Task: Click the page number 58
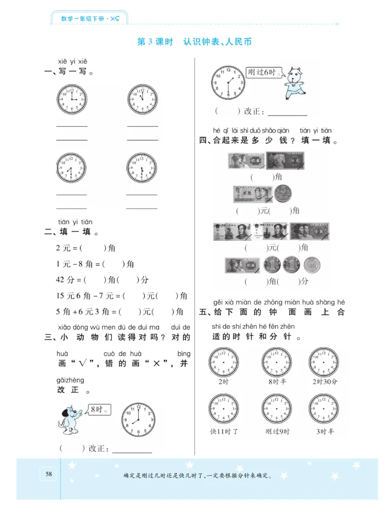pyautogui.click(x=49, y=473)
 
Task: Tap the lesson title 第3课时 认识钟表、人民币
pyautogui.click(x=195, y=42)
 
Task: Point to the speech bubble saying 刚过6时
pyautogui.click(x=265, y=72)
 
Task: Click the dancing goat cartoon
pyautogui.click(x=294, y=83)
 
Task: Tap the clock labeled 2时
pyautogui.click(x=223, y=363)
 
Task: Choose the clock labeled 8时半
pyautogui.click(x=276, y=363)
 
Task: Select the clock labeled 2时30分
pyautogui.click(x=323, y=363)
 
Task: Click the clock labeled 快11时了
pyautogui.click(x=223, y=409)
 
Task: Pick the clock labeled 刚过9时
pyautogui.click(x=276, y=409)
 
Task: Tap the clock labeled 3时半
pyautogui.click(x=323, y=409)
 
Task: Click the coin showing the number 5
pyautogui.click(x=283, y=194)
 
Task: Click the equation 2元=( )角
pyautogui.click(x=86, y=248)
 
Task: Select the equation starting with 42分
pyautogui.click(x=102, y=280)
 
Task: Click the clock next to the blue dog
pyautogui.click(x=138, y=420)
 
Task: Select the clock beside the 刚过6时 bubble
pyautogui.click(x=227, y=81)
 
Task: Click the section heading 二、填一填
pyautogui.click(x=69, y=232)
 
